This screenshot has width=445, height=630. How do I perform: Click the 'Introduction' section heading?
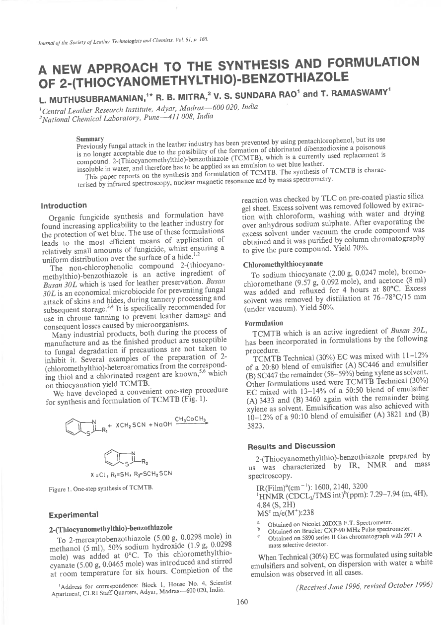(x=63, y=205)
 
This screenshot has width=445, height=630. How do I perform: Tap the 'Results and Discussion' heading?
(x=285, y=445)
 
